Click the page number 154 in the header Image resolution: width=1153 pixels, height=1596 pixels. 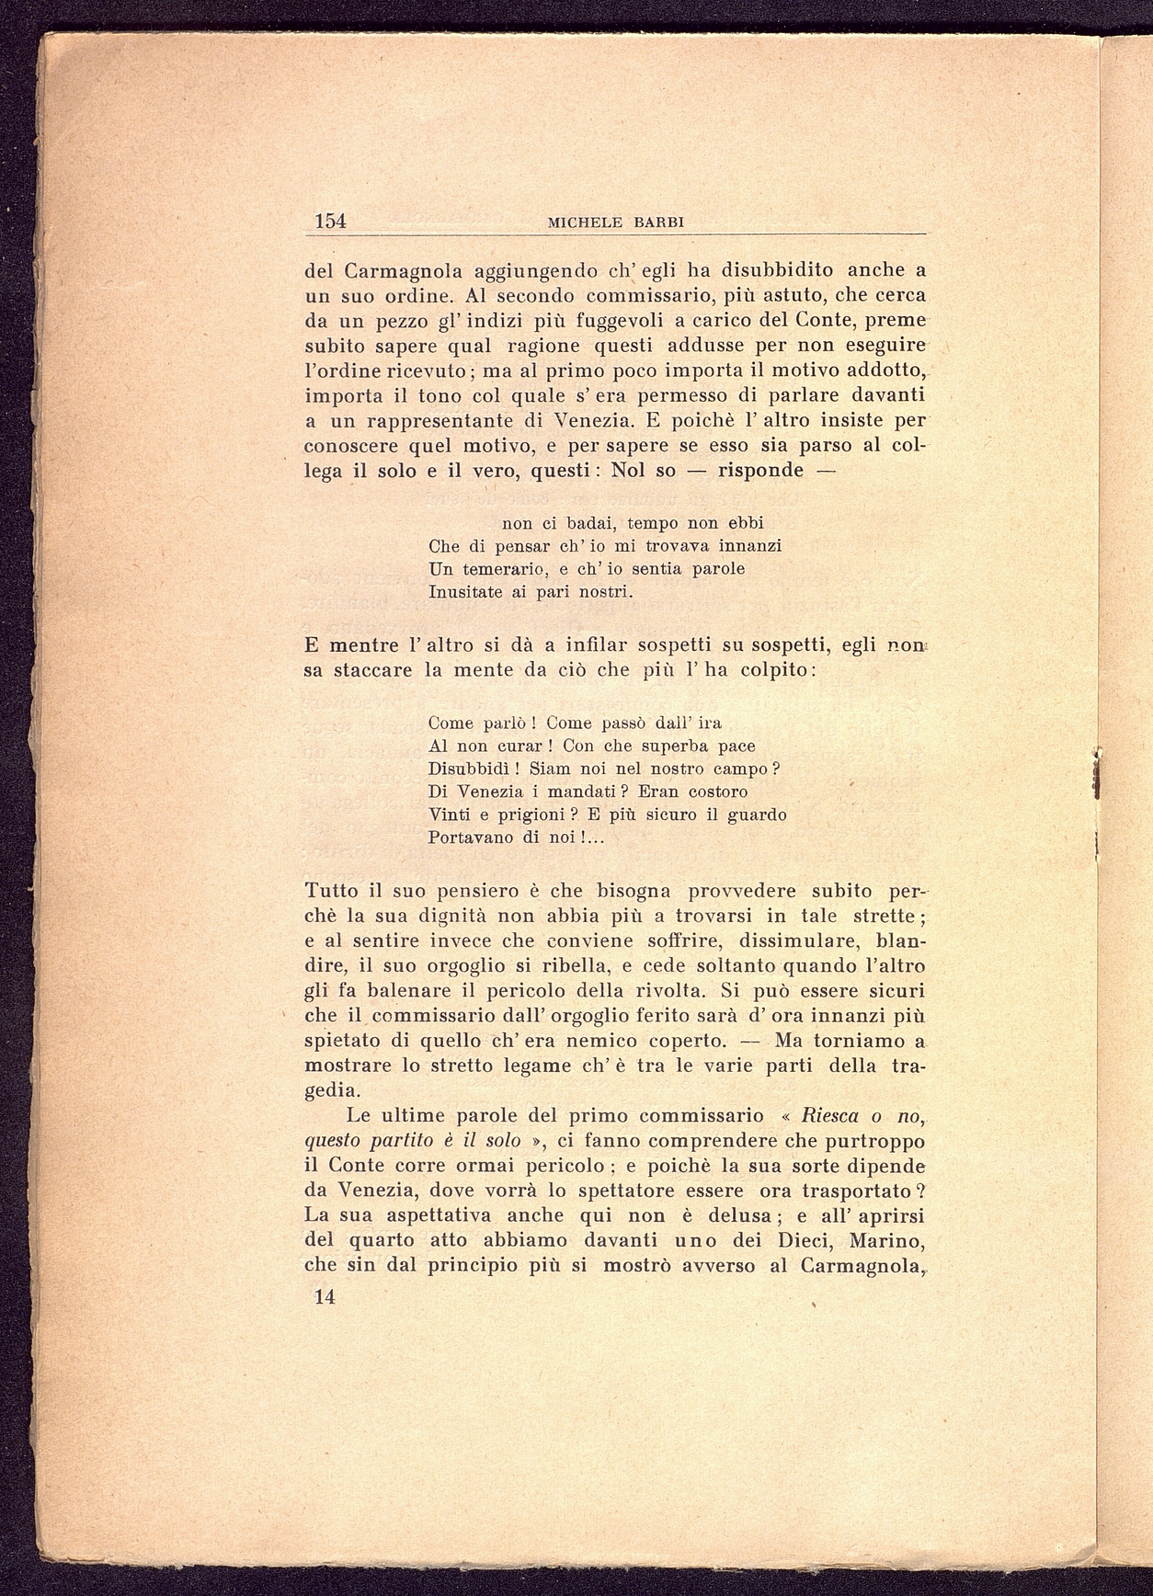[330, 221]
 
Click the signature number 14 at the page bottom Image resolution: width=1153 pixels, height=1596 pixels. [324, 1297]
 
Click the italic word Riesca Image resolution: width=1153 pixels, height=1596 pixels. [831, 1116]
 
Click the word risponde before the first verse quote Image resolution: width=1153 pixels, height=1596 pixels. [760, 471]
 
